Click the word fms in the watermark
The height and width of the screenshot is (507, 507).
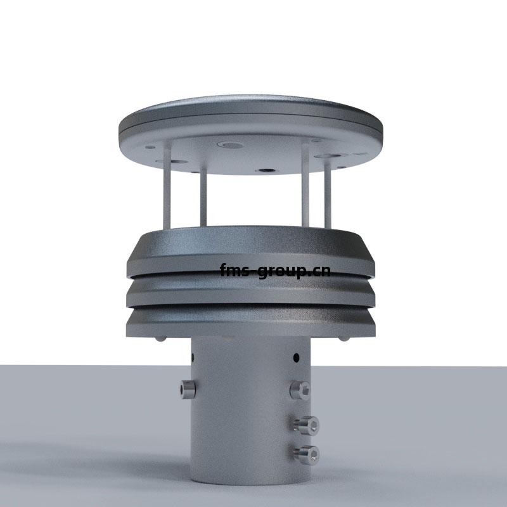(234, 270)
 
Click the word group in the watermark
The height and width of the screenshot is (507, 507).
(281, 272)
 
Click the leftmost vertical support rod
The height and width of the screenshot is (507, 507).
(167, 185)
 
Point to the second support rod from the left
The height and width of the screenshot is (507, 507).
(203, 196)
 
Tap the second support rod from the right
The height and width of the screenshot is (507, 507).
(305, 185)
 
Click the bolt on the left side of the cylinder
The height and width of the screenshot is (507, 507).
(188, 389)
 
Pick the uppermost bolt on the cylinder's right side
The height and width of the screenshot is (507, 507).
(300, 390)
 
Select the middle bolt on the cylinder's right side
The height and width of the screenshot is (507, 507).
(306, 425)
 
